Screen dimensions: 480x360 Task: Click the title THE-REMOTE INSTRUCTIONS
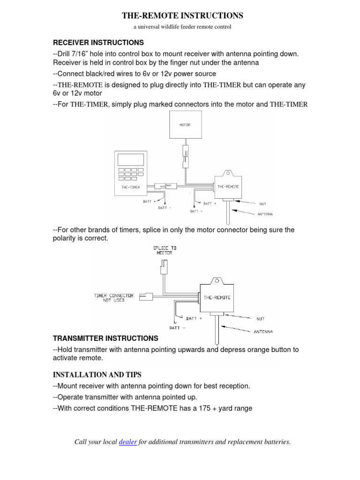pyautogui.click(x=182, y=15)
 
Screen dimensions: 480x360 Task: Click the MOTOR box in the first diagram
pyautogui.click(x=185, y=125)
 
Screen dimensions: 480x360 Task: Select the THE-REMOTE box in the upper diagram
pyautogui.click(x=228, y=186)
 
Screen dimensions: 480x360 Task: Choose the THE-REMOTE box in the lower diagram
pyautogui.click(x=217, y=297)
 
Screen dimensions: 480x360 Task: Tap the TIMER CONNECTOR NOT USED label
pyautogui.click(x=114, y=298)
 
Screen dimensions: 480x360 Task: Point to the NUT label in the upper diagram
pyautogui.click(x=262, y=204)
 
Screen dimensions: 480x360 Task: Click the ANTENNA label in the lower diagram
pyautogui.click(x=263, y=331)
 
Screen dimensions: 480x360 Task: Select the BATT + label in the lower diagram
pyautogui.click(x=194, y=318)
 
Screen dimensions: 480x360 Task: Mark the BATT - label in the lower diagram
pyautogui.click(x=177, y=328)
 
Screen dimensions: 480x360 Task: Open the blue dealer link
pyautogui.click(x=128, y=442)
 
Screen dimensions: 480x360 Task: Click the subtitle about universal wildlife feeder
pyautogui.click(x=182, y=27)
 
